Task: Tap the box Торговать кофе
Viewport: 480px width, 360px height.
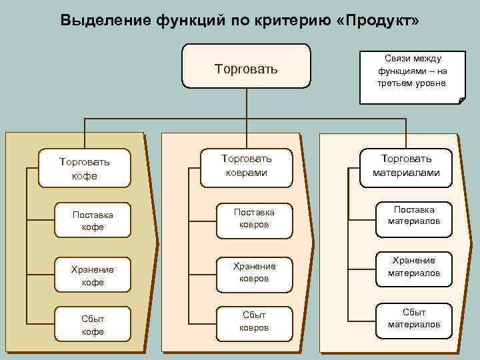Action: [x=84, y=168]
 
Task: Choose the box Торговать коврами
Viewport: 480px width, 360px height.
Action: [x=246, y=166]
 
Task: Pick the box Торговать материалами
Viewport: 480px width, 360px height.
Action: [x=406, y=165]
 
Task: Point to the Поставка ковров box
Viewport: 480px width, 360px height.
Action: [x=253, y=218]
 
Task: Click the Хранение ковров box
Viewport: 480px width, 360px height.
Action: [x=253, y=272]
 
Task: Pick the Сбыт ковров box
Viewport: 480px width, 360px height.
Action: [x=253, y=321]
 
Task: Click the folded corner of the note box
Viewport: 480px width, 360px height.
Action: [x=461, y=101]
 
